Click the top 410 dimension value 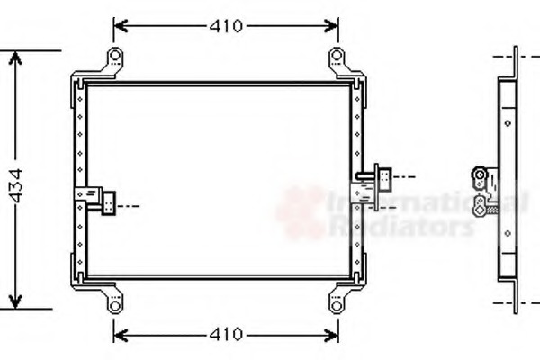[x=227, y=26]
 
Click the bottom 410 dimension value [x=227, y=335]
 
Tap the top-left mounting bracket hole [x=115, y=58]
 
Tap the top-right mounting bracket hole [x=337, y=58]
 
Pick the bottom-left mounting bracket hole [x=115, y=304]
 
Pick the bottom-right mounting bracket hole [x=337, y=304]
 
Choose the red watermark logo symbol [x=301, y=212]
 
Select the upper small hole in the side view [x=508, y=124]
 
